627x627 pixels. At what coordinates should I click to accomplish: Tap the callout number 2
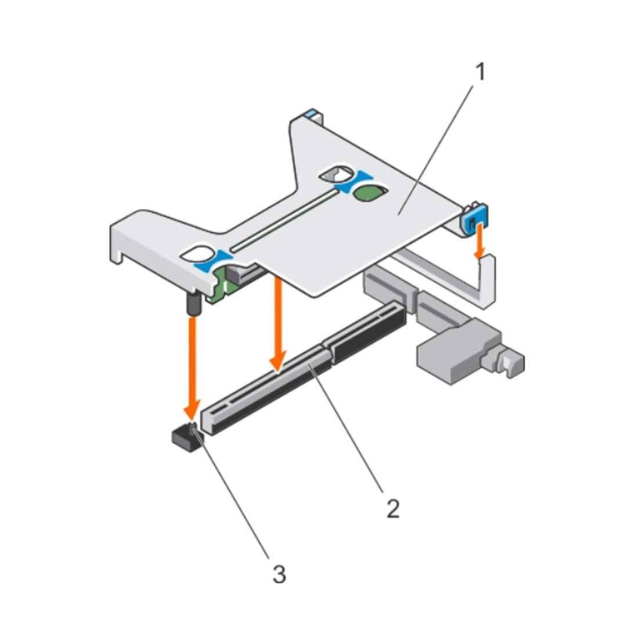392,509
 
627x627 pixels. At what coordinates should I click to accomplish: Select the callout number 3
279,575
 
